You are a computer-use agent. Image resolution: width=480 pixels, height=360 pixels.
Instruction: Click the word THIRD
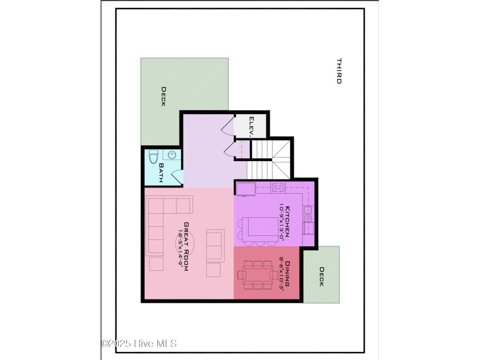point(338,71)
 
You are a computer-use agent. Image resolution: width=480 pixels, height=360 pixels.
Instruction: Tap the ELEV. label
point(251,126)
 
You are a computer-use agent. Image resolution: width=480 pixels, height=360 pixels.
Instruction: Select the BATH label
point(161,173)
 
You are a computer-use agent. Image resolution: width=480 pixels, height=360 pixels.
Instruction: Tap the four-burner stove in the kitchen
point(278,187)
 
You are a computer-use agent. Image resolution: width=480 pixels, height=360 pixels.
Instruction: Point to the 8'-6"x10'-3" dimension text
point(282,275)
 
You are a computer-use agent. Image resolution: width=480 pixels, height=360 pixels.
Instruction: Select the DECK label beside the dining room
point(322,277)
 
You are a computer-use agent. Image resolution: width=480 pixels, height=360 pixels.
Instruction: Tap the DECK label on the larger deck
point(163,97)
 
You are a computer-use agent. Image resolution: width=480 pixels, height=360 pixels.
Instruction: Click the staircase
point(271,158)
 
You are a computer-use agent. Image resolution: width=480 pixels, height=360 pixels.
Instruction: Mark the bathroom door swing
point(177,177)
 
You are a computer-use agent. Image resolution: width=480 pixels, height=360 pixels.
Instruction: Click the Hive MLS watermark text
point(139,343)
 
